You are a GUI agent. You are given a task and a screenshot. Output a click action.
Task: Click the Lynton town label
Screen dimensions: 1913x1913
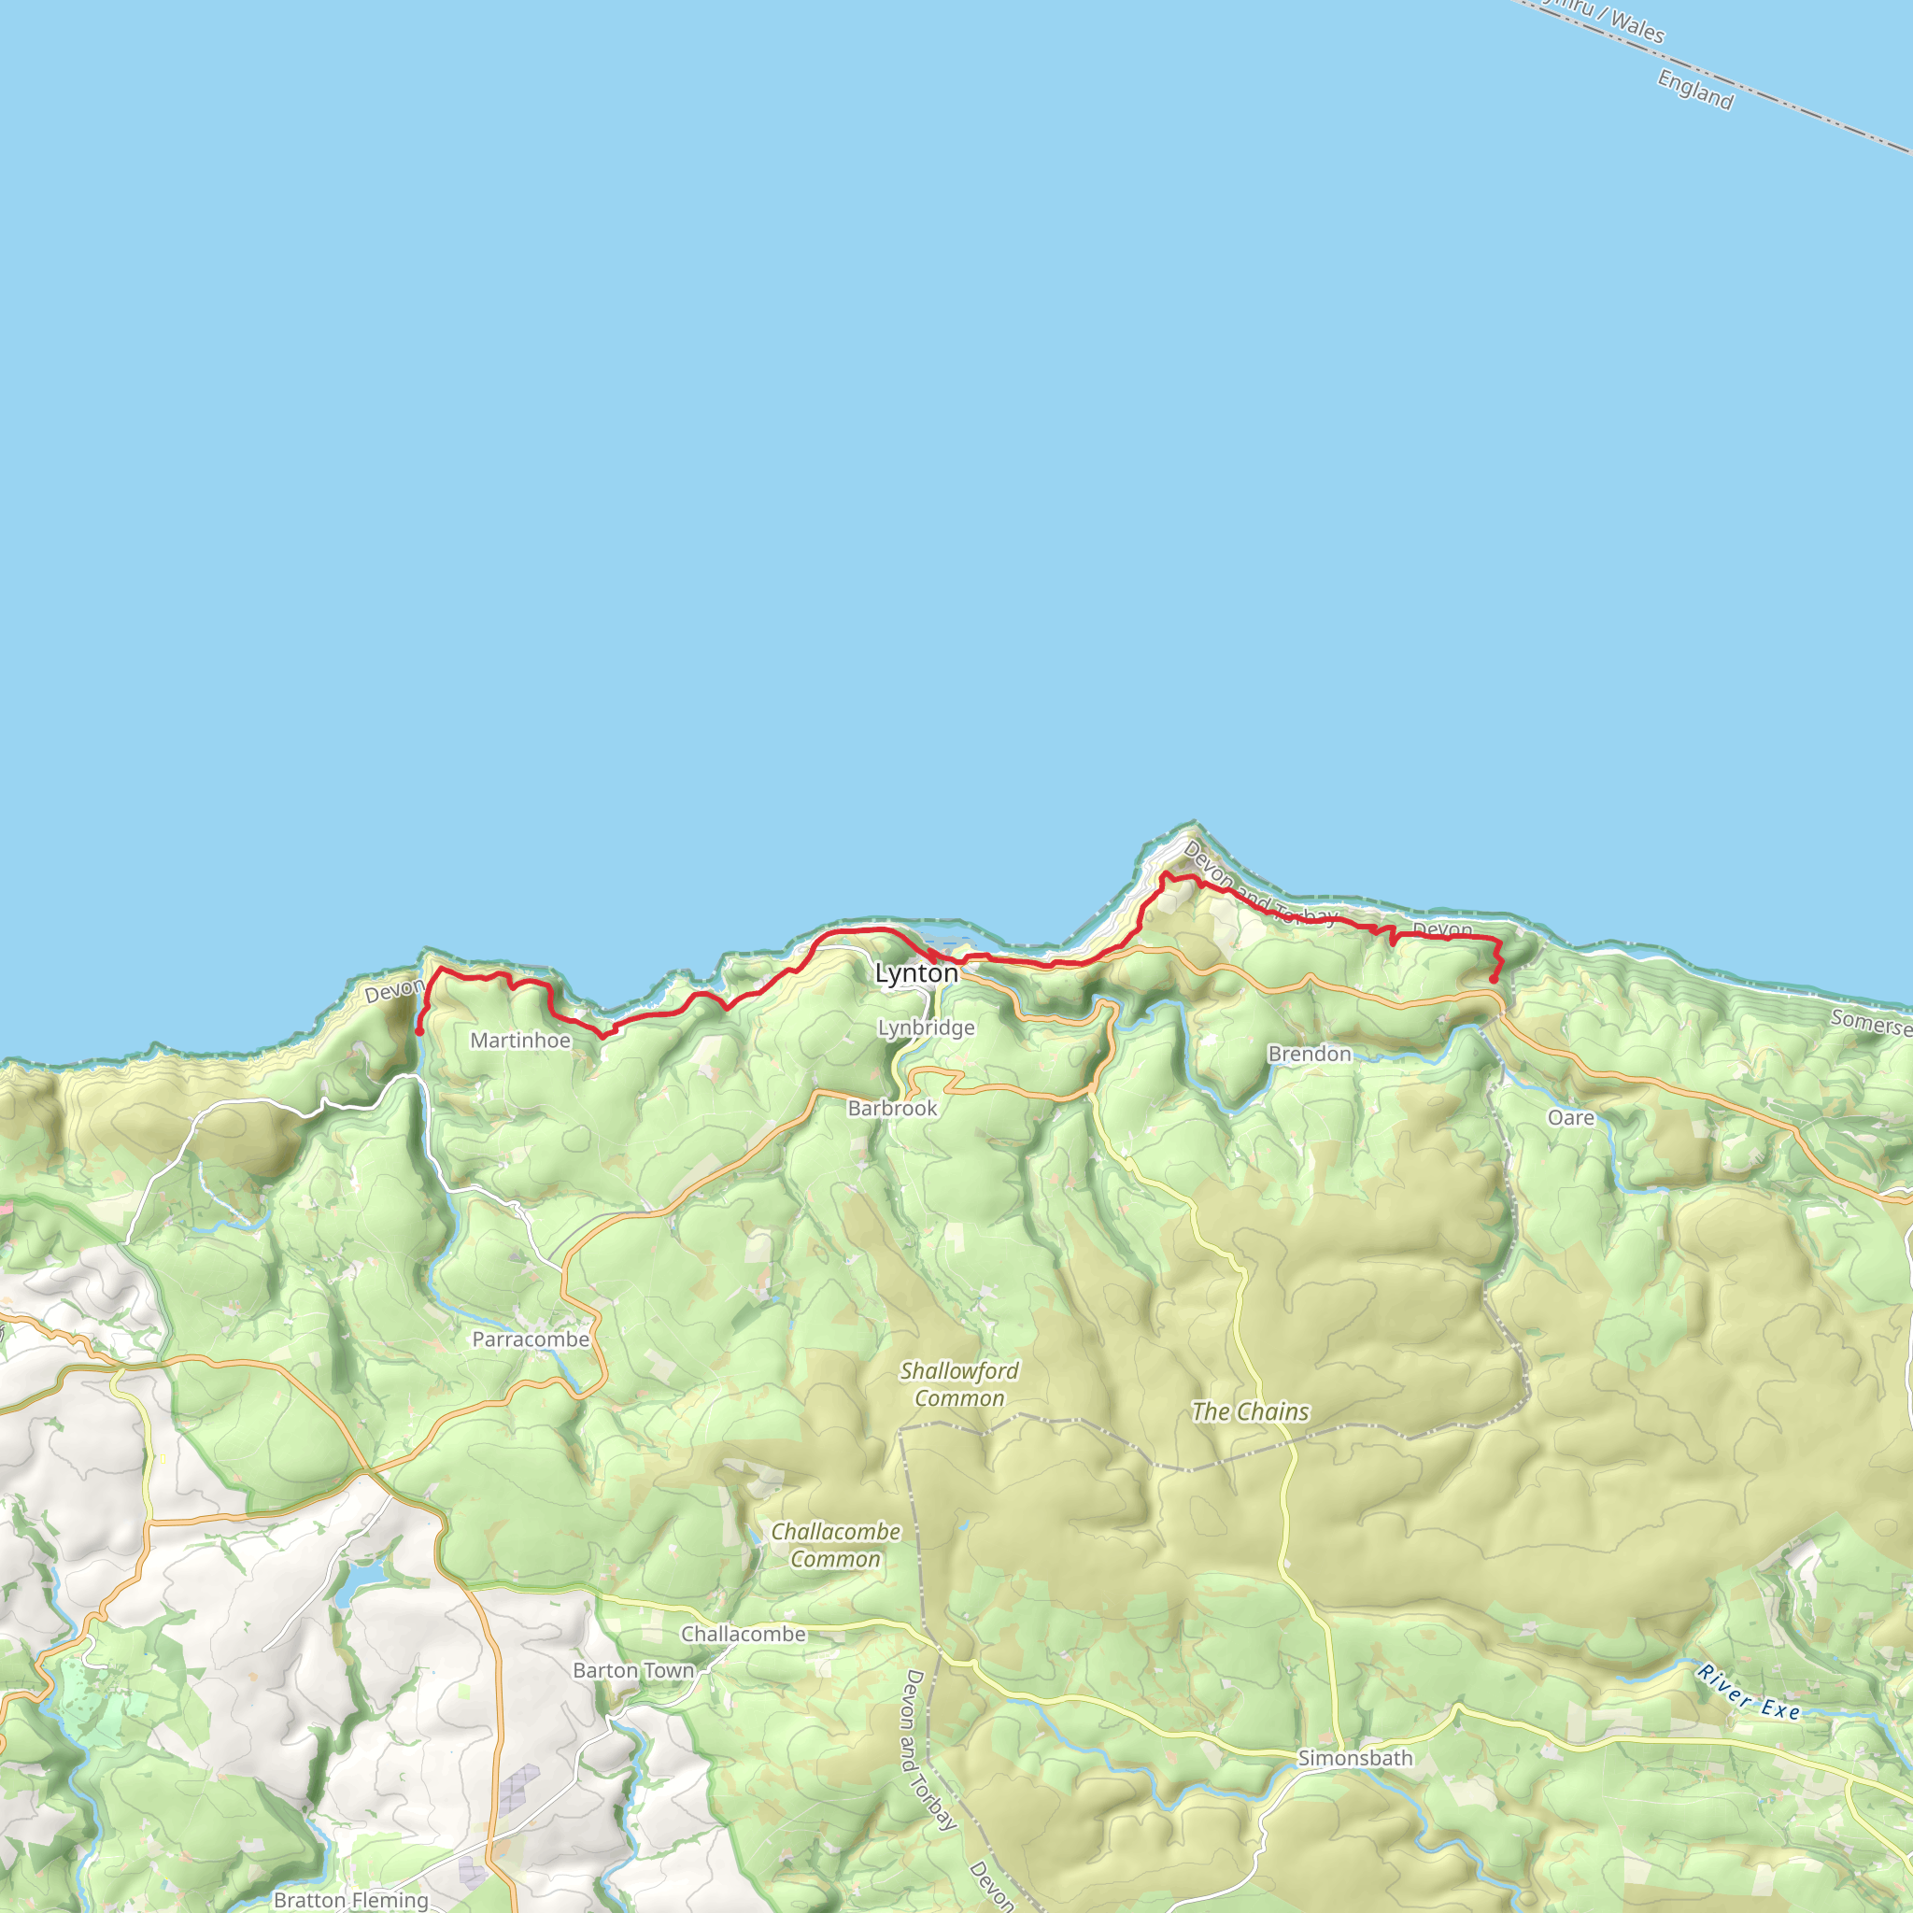tap(916, 973)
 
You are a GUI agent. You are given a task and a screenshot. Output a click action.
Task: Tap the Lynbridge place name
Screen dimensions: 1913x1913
tap(926, 1027)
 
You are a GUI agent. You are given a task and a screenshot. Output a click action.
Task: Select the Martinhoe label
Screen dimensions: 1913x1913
tap(520, 1041)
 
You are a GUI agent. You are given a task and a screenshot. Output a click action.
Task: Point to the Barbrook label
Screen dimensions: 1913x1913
tap(892, 1108)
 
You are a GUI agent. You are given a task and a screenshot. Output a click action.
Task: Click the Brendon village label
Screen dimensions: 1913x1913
tap(1309, 1054)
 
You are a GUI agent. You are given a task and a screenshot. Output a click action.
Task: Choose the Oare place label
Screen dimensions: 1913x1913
tap(1570, 1118)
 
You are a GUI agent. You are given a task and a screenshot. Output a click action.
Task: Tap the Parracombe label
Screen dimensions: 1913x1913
tap(530, 1339)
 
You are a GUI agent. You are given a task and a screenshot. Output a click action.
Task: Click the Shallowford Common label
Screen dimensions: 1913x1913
tap(958, 1384)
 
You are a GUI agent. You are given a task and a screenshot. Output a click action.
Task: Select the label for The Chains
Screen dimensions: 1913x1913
tap(1250, 1412)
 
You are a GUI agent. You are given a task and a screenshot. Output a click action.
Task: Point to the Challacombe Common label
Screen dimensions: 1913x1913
tap(836, 1545)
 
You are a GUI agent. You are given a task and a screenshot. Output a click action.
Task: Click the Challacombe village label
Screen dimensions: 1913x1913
tap(743, 1635)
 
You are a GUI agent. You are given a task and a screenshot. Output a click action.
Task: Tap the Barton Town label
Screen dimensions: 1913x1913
tap(633, 1670)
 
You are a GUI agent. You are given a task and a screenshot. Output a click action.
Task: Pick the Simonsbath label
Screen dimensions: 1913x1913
tap(1354, 1759)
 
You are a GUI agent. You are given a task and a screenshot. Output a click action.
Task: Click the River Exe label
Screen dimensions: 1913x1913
tap(1749, 1693)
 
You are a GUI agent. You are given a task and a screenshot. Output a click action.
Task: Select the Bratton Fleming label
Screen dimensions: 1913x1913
tap(350, 1899)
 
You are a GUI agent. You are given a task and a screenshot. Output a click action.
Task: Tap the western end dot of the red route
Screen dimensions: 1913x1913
tap(419, 1032)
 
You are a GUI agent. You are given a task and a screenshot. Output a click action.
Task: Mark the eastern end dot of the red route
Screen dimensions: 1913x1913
tap(1494, 980)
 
